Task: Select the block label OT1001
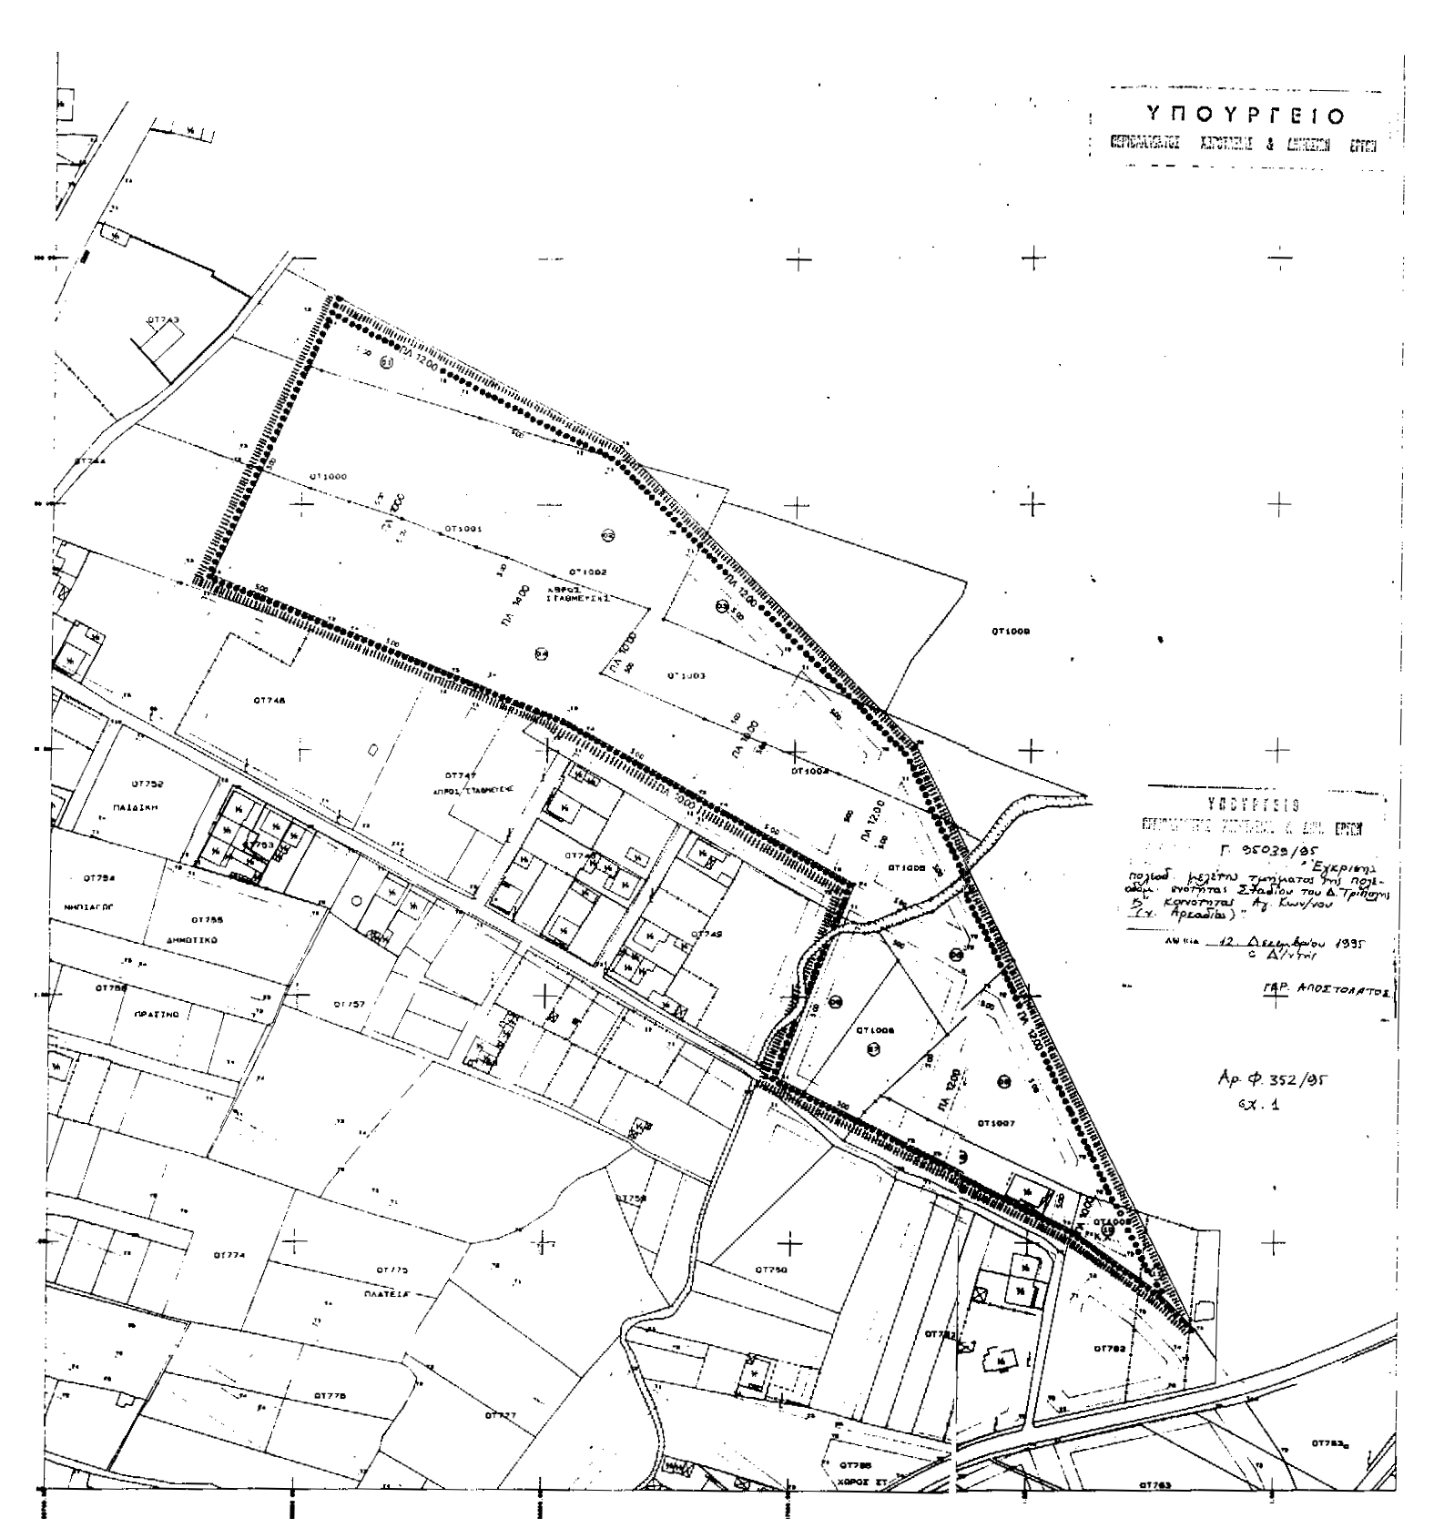tap(463, 528)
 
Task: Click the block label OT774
tap(229, 1256)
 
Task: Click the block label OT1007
tap(995, 1123)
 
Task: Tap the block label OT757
tap(348, 1005)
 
